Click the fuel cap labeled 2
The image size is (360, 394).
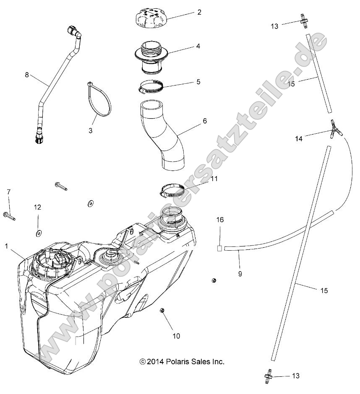click(150, 19)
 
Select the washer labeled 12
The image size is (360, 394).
click(38, 232)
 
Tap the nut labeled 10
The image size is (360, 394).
click(162, 311)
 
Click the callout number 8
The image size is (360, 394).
click(27, 75)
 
